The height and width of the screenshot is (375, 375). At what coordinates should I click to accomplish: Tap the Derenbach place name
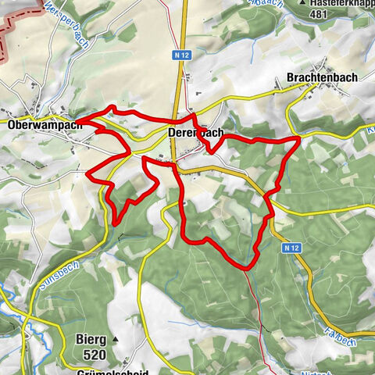(x=195, y=134)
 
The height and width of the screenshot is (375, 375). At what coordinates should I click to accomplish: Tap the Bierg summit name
(x=93, y=340)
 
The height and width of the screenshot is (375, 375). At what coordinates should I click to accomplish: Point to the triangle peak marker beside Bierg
(x=115, y=340)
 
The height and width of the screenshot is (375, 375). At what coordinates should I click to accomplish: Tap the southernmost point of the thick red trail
(x=247, y=268)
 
